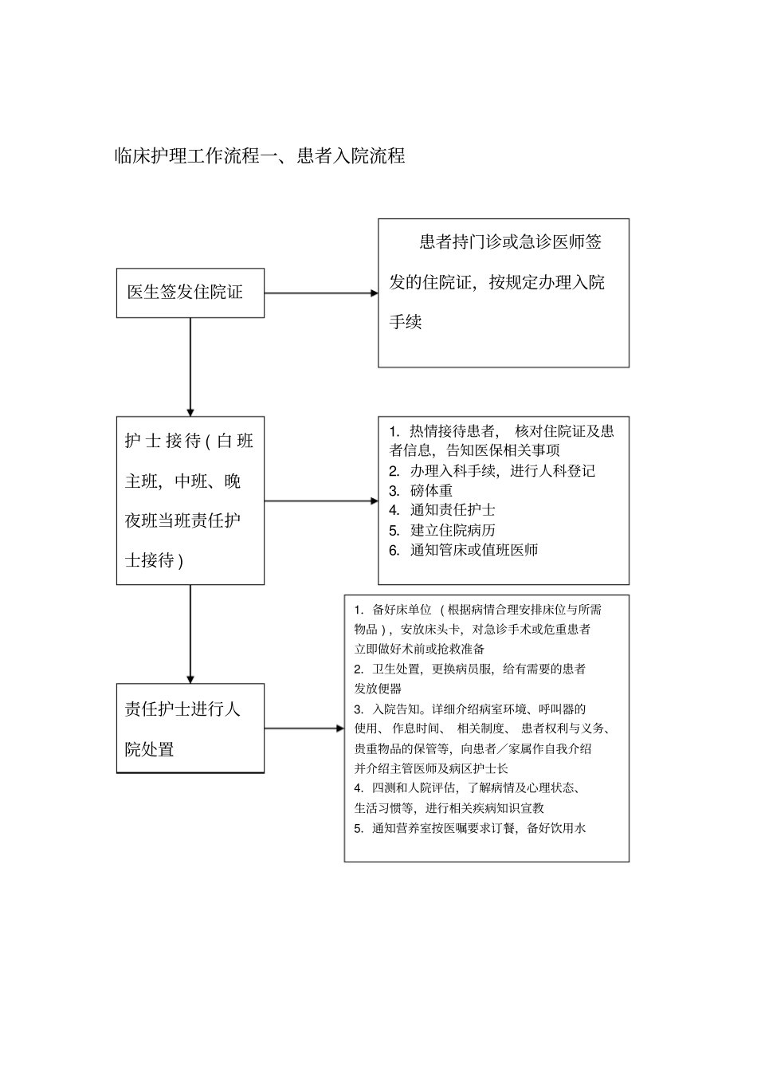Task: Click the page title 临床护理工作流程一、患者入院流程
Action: pos(260,155)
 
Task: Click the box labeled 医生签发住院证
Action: pos(190,293)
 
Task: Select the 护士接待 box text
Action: pos(190,501)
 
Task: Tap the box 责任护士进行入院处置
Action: pos(190,728)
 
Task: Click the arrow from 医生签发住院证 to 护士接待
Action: pos(190,367)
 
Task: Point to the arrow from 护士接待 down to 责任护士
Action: pos(190,634)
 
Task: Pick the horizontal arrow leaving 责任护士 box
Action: pos(304,728)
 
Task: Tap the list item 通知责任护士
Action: pos(452,510)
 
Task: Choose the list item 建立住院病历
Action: pos(452,530)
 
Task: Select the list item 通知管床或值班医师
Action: pos(473,550)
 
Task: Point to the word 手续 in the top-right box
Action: pos(406,323)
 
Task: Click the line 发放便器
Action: pos(378,689)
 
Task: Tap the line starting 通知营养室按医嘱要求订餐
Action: pos(478,828)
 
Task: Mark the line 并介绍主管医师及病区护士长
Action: pos(431,768)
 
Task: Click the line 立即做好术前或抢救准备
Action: pos(419,649)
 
